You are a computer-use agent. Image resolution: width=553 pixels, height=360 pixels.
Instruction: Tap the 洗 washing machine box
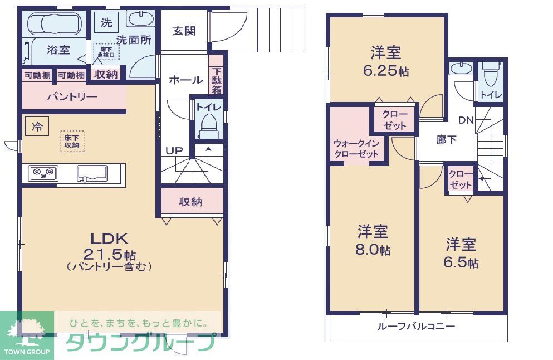click(x=106, y=23)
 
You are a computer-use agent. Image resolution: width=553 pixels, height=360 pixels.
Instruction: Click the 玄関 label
click(x=184, y=31)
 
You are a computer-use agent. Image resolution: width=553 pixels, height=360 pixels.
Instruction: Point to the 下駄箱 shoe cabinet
click(x=216, y=81)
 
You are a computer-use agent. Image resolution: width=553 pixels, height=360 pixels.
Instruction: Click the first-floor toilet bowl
click(x=209, y=125)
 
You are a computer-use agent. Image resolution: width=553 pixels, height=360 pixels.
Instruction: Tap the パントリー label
click(x=72, y=97)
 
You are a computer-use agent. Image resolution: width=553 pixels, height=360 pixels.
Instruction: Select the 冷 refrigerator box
click(x=36, y=127)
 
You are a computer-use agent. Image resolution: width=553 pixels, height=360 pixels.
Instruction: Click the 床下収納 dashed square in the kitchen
click(x=71, y=141)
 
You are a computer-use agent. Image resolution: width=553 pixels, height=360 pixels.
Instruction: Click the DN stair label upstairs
click(x=465, y=120)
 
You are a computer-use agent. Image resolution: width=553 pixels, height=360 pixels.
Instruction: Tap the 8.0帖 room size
click(x=373, y=250)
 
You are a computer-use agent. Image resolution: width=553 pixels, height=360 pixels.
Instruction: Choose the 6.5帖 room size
click(x=461, y=262)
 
